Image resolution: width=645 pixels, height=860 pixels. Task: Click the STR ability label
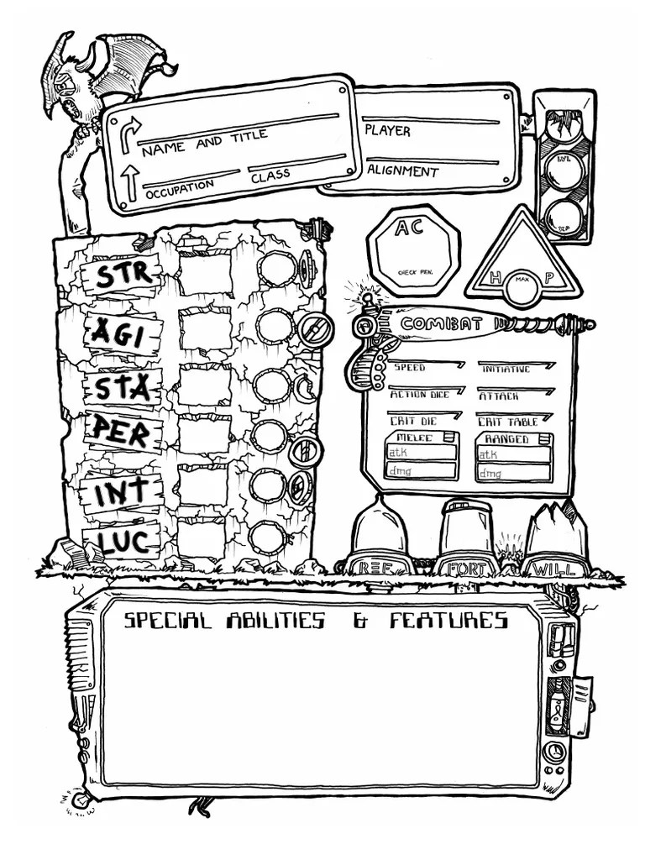(123, 274)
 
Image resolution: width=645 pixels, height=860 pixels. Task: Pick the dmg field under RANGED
(513, 473)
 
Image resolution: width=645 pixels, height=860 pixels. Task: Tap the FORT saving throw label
(466, 569)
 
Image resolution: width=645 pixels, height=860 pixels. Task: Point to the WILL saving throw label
(553, 569)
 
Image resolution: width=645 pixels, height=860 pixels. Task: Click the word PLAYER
(387, 131)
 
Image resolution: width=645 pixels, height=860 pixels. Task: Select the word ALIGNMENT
(402, 171)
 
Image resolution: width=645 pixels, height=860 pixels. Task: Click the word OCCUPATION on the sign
(179, 188)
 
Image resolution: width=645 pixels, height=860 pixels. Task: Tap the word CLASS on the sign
(270, 176)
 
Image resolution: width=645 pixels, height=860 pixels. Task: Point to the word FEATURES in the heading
(448, 621)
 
